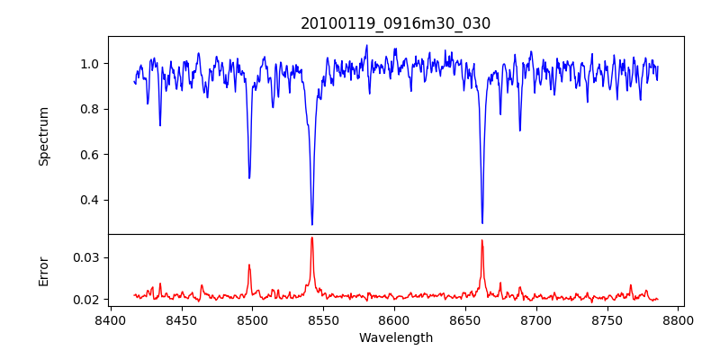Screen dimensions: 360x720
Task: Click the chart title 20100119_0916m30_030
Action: click(x=395, y=23)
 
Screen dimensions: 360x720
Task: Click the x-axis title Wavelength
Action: click(x=395, y=337)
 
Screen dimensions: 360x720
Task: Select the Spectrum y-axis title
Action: click(x=43, y=136)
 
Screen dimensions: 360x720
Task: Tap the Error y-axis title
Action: click(x=43, y=271)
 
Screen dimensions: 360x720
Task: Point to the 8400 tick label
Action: click(x=110, y=320)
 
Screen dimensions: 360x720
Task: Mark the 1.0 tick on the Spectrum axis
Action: click(x=90, y=64)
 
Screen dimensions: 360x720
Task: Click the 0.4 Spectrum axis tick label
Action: click(x=90, y=200)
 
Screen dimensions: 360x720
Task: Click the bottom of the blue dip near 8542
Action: click(x=312, y=224)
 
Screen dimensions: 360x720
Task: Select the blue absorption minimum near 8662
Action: click(x=482, y=223)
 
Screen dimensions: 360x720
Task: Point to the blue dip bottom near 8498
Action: click(x=249, y=177)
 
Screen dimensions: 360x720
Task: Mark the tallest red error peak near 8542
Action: click(x=311, y=238)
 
